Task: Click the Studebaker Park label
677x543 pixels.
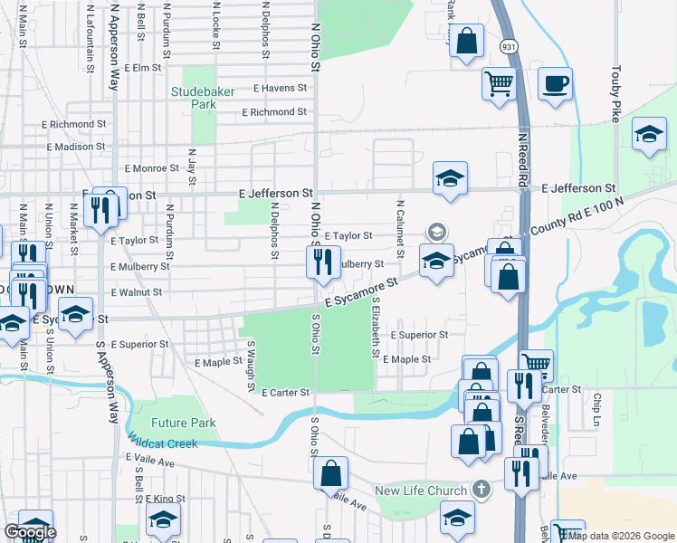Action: coord(194,97)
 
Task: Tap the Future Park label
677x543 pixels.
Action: coord(184,423)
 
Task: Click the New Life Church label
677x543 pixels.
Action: coord(421,491)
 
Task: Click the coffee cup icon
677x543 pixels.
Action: coord(555,84)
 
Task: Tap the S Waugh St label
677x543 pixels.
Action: coord(252,366)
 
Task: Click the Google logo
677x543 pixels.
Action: coord(30,532)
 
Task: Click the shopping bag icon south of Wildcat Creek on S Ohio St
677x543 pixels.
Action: coord(331,472)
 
